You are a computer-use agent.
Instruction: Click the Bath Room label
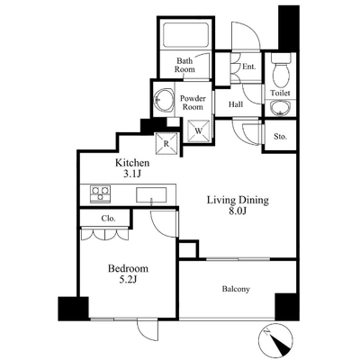point(184,65)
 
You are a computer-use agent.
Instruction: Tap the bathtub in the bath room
point(185,34)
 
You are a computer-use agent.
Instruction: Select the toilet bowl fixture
point(281,71)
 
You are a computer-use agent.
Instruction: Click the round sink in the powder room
point(164,100)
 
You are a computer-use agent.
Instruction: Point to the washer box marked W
point(199,130)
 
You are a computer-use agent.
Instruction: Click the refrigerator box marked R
point(166,143)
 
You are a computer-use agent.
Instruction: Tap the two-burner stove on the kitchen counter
point(100,194)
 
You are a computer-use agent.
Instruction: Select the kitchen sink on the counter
point(151,195)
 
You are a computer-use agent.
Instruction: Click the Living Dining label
point(238,200)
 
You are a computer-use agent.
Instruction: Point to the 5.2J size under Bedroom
point(128,280)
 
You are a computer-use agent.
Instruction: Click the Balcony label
point(236,289)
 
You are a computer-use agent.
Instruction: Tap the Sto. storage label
point(280,137)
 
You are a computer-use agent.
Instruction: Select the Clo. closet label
point(108,219)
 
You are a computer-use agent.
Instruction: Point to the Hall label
point(236,104)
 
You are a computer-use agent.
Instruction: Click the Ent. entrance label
point(249,67)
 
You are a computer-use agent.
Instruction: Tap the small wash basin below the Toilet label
point(281,108)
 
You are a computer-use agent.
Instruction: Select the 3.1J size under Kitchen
point(132,174)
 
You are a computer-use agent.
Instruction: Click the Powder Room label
point(193,103)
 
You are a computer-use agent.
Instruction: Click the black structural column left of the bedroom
point(73,309)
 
